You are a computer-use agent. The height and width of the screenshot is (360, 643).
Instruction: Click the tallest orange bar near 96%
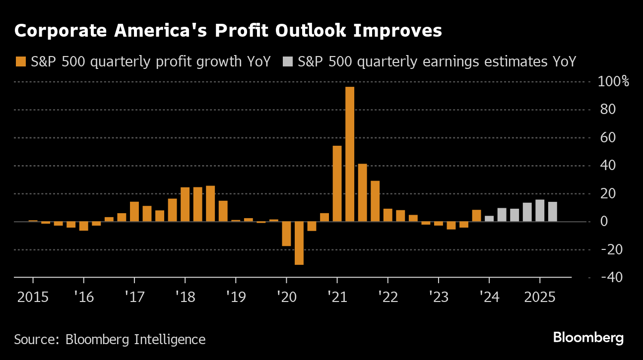350,154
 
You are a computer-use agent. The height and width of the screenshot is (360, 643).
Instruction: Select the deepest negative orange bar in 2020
299,243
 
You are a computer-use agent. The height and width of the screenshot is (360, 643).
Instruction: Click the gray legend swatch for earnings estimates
287,62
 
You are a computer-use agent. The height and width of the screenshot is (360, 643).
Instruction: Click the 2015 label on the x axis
33,298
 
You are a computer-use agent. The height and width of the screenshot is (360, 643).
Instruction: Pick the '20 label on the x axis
286,298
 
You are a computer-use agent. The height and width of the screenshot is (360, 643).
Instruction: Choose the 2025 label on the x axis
540,298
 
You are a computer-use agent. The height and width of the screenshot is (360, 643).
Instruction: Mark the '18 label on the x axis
185,298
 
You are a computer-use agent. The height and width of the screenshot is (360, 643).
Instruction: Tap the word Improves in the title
392,31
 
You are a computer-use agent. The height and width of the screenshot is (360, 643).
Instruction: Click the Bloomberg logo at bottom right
588,338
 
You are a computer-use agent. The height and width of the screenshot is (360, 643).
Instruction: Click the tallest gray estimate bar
540,210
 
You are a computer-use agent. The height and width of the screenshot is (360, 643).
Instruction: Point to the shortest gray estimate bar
489,219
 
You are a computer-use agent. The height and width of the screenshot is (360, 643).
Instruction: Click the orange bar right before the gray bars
476,216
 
